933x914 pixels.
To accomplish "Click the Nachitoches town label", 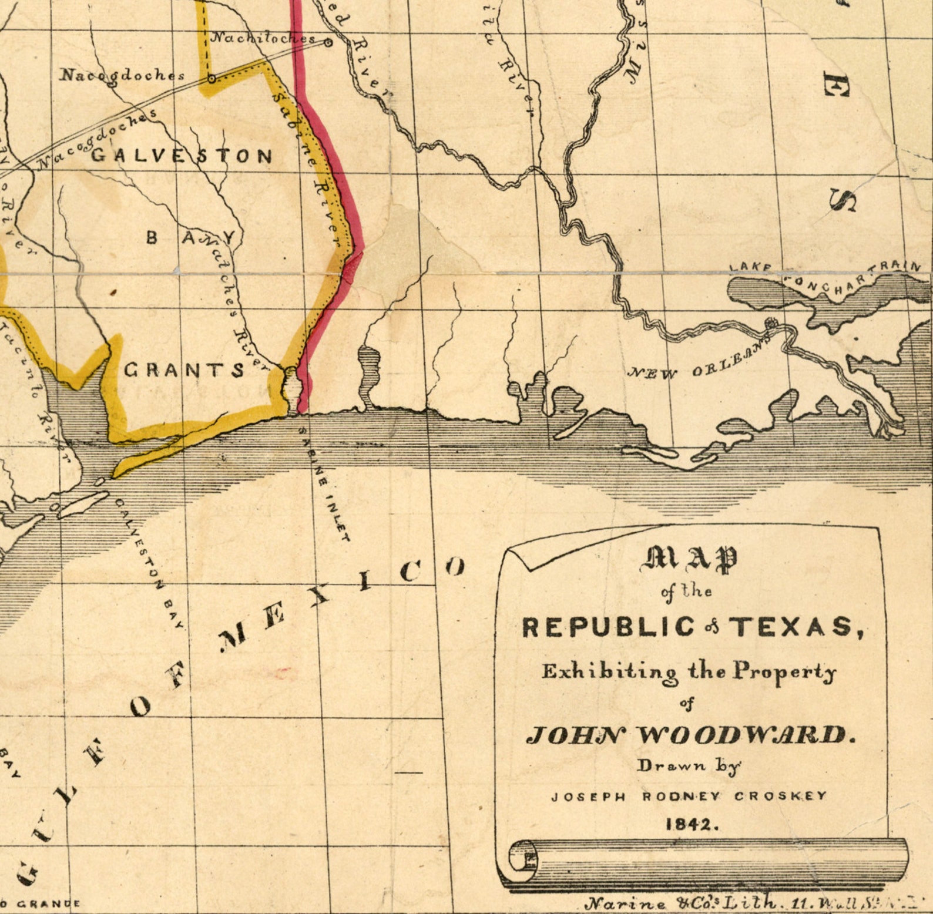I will click(x=263, y=38).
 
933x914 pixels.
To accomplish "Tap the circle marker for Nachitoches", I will click(x=328, y=42).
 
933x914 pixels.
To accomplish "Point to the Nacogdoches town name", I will click(x=123, y=75).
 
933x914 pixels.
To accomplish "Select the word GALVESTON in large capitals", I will click(x=182, y=156).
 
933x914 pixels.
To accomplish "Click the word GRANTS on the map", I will click(x=184, y=370).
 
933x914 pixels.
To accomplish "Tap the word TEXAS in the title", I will click(x=796, y=627).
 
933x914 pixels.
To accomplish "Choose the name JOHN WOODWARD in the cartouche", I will click(x=690, y=734).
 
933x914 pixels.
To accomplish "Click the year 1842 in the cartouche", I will click(x=692, y=824).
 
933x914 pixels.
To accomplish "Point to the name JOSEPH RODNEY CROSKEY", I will click(x=689, y=797).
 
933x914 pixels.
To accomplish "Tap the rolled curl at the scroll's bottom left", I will click(x=522, y=856).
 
